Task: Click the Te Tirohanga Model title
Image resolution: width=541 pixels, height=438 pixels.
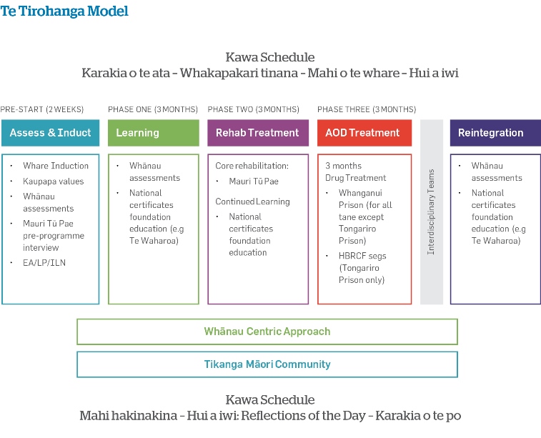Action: coord(64,11)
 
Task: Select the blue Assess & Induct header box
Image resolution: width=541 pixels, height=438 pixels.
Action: coord(50,133)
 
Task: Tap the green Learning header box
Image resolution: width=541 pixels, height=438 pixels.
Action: coord(154,133)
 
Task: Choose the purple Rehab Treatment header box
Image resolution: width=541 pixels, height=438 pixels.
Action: coord(258,133)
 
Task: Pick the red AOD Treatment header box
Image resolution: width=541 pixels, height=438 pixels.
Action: coord(364,133)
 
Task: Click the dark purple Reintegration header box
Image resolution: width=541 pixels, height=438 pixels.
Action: coord(495,133)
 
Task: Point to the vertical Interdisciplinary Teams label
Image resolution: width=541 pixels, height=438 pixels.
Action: coord(431,211)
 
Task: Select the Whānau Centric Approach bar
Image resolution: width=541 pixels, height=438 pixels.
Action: coord(267,332)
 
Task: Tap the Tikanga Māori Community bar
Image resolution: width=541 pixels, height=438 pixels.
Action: coord(267,364)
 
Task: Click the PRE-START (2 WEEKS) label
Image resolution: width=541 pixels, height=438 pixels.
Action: coord(41,109)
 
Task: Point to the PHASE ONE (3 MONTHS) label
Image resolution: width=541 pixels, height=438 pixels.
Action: coord(153,109)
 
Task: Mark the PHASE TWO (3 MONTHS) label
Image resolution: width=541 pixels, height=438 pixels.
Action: coord(253,109)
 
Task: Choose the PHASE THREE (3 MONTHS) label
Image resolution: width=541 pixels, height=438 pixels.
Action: coord(367,109)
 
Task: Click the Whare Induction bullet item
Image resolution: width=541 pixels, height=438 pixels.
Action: coord(56,166)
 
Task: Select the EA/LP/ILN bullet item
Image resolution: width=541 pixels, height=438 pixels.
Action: coord(44,263)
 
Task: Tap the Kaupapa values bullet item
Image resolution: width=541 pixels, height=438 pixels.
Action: coord(54,181)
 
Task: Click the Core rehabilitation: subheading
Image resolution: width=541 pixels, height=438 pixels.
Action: coord(252,166)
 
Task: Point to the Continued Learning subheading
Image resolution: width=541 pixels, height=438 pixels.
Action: coord(252,201)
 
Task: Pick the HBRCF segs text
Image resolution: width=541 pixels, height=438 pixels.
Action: coord(362,256)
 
